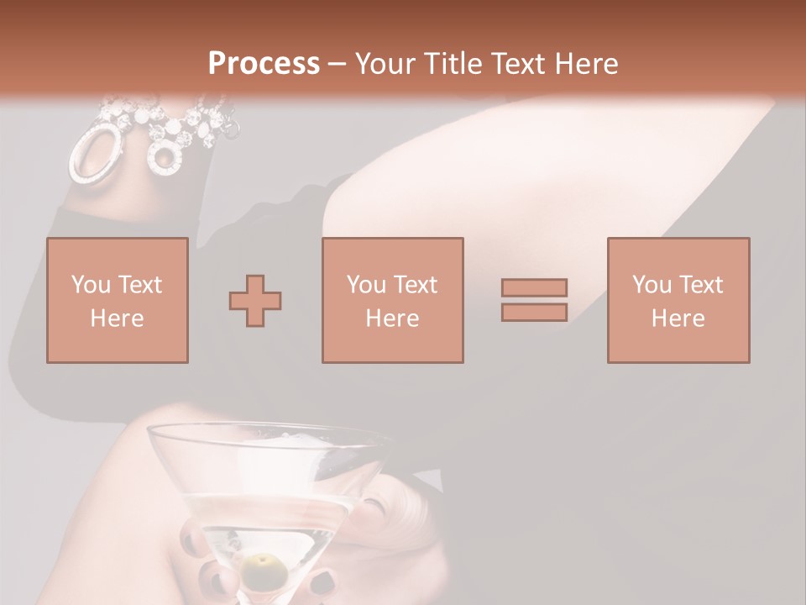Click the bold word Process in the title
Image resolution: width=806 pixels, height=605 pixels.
coord(264,64)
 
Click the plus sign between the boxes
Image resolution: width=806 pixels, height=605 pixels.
coord(255,300)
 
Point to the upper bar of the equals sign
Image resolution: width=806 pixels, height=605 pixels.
coord(534,287)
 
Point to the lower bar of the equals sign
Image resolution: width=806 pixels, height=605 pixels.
coord(534,313)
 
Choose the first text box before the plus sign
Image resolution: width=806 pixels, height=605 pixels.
coord(118,300)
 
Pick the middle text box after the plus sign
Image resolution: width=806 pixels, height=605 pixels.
coord(392,300)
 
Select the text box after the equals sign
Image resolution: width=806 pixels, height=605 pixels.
coord(678,300)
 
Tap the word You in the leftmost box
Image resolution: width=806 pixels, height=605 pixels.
coord(90,285)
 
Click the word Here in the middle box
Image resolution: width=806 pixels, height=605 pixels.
coord(392,318)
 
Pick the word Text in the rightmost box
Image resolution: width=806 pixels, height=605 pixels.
coord(699,285)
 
